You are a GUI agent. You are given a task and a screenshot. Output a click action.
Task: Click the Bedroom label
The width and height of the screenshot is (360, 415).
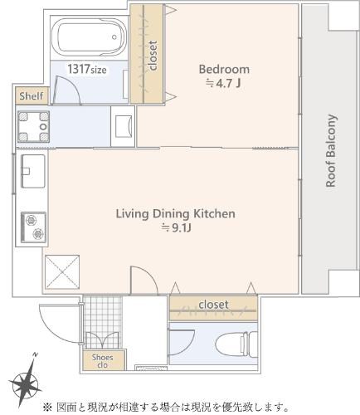pos(224,69)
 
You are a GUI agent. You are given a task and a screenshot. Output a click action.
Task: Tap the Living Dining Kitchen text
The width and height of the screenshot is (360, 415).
pos(176,214)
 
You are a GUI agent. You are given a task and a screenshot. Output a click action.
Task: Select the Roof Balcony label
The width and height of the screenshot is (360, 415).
pos(331,151)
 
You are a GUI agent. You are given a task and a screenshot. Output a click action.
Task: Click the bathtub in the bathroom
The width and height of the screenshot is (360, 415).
pos(89,37)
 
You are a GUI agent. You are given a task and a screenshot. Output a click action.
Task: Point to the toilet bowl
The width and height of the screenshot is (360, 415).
pos(236,345)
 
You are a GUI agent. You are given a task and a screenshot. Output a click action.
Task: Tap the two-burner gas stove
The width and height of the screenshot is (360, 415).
pos(34,227)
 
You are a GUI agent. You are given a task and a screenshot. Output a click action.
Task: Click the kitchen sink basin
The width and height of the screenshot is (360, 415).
pos(33,171)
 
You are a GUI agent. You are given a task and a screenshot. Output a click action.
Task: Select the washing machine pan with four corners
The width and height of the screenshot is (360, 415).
pos(33,127)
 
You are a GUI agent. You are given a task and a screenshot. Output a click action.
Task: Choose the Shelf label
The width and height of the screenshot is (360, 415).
pos(32,96)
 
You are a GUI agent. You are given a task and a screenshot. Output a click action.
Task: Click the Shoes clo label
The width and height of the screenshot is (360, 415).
pos(102,361)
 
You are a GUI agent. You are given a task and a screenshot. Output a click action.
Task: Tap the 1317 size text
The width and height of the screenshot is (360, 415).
pos(87,69)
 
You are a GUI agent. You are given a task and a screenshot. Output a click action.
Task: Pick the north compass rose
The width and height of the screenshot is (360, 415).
pos(26,383)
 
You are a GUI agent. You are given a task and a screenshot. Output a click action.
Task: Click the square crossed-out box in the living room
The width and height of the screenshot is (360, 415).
pos(62,272)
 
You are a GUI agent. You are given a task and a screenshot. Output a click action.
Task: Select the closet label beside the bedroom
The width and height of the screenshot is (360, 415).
pos(153,55)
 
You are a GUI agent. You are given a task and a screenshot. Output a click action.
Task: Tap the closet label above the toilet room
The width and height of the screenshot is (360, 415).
pos(213,305)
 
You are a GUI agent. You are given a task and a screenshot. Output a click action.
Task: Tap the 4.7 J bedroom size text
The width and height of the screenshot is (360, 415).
pos(223,83)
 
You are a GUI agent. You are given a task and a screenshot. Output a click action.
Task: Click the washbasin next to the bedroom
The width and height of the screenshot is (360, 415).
pos(123,126)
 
